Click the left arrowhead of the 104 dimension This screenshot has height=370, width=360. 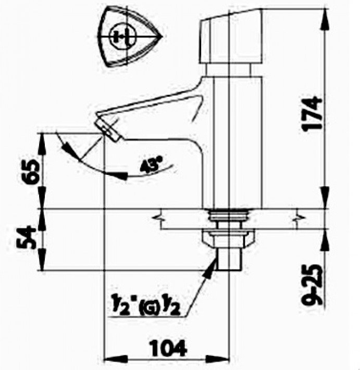(109, 359)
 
